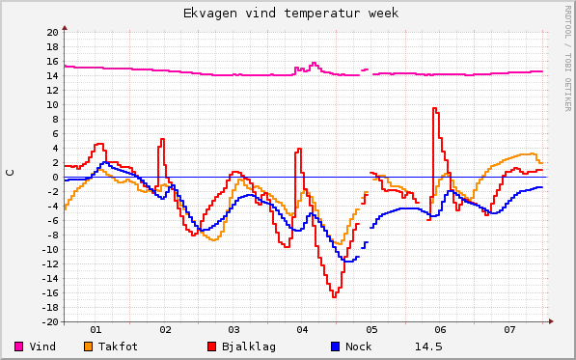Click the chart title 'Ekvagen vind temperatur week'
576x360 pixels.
(290, 14)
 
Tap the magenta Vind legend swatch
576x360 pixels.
(19, 346)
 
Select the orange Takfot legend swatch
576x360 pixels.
(88, 346)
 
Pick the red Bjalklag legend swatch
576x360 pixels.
(211, 346)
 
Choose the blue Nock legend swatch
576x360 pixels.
(335, 346)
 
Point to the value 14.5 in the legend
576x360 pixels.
(428, 346)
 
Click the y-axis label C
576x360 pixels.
(11, 172)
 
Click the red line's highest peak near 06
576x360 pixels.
(435, 108)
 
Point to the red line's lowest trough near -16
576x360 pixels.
(334, 295)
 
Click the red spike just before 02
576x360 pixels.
(162, 139)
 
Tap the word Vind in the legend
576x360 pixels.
(42, 346)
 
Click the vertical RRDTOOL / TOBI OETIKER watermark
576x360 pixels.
(566, 57)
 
